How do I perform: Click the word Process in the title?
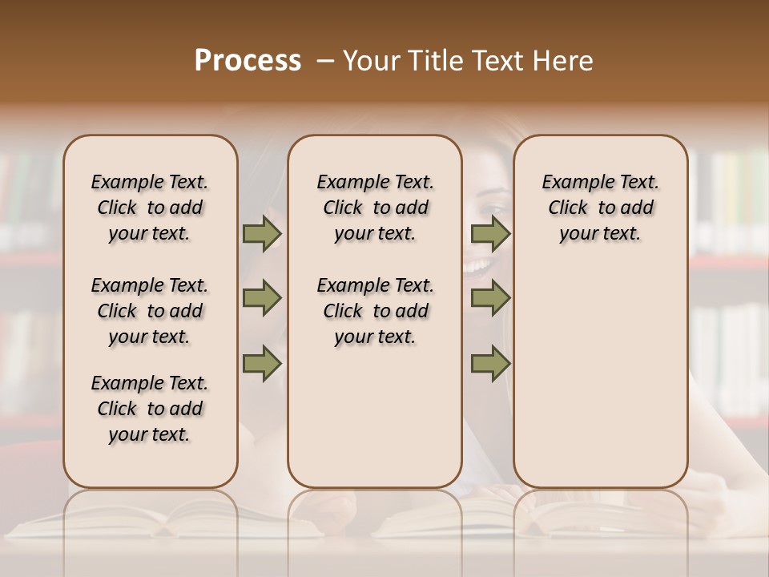pos(248,60)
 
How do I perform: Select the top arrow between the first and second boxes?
pos(262,234)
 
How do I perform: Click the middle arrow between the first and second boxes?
pos(262,298)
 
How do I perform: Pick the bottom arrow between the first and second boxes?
pos(262,364)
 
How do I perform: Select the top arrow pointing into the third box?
pos(490,234)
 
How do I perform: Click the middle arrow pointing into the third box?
pos(490,298)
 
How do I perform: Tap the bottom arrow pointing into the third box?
pos(490,364)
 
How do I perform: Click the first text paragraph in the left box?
pos(150,208)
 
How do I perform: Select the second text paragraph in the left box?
pos(150,311)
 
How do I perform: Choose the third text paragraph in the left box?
pos(150,409)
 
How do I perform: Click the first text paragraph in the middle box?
pos(375,208)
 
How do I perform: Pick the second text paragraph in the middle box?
pos(375,311)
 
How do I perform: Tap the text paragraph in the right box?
pos(600,208)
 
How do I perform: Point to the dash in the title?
pos(325,60)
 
